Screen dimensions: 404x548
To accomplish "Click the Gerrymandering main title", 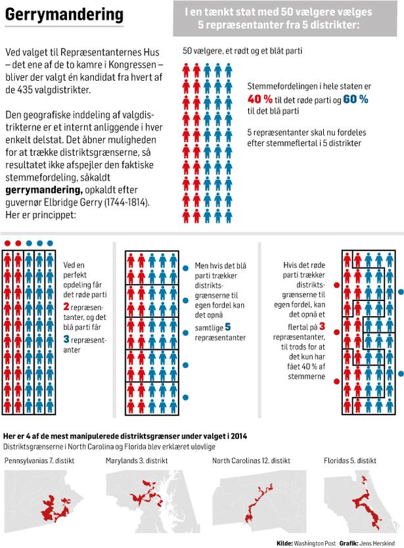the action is [x=64, y=14].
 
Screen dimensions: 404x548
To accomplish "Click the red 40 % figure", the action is [x=260, y=99].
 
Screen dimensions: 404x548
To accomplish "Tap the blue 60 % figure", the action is [x=355, y=99].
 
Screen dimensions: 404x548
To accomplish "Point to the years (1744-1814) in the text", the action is [x=127, y=202].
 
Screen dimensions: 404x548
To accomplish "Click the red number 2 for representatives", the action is [x=66, y=306].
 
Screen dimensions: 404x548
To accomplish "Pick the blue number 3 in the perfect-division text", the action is [x=66, y=339].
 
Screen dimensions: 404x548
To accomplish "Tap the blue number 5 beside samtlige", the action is [x=228, y=327].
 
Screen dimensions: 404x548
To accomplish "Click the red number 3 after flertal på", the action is [x=322, y=326].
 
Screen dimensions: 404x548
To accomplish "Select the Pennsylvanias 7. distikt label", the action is [x=39, y=461].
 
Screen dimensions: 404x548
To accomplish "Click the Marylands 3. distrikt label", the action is [x=137, y=461].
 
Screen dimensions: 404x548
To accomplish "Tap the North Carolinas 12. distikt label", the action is [x=252, y=461].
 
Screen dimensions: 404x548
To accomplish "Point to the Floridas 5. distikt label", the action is [x=350, y=461].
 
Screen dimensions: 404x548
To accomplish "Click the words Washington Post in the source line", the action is [x=315, y=543].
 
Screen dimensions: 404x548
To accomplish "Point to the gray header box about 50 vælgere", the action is [x=285, y=18].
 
